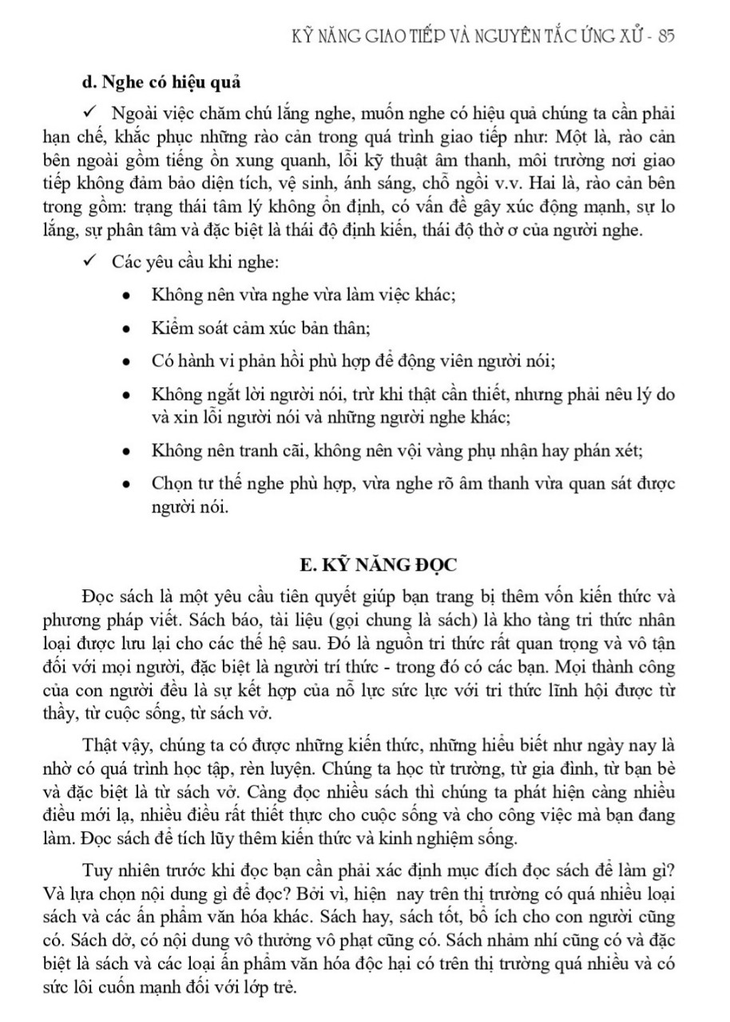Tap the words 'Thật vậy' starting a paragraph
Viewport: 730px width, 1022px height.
coord(112,747)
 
